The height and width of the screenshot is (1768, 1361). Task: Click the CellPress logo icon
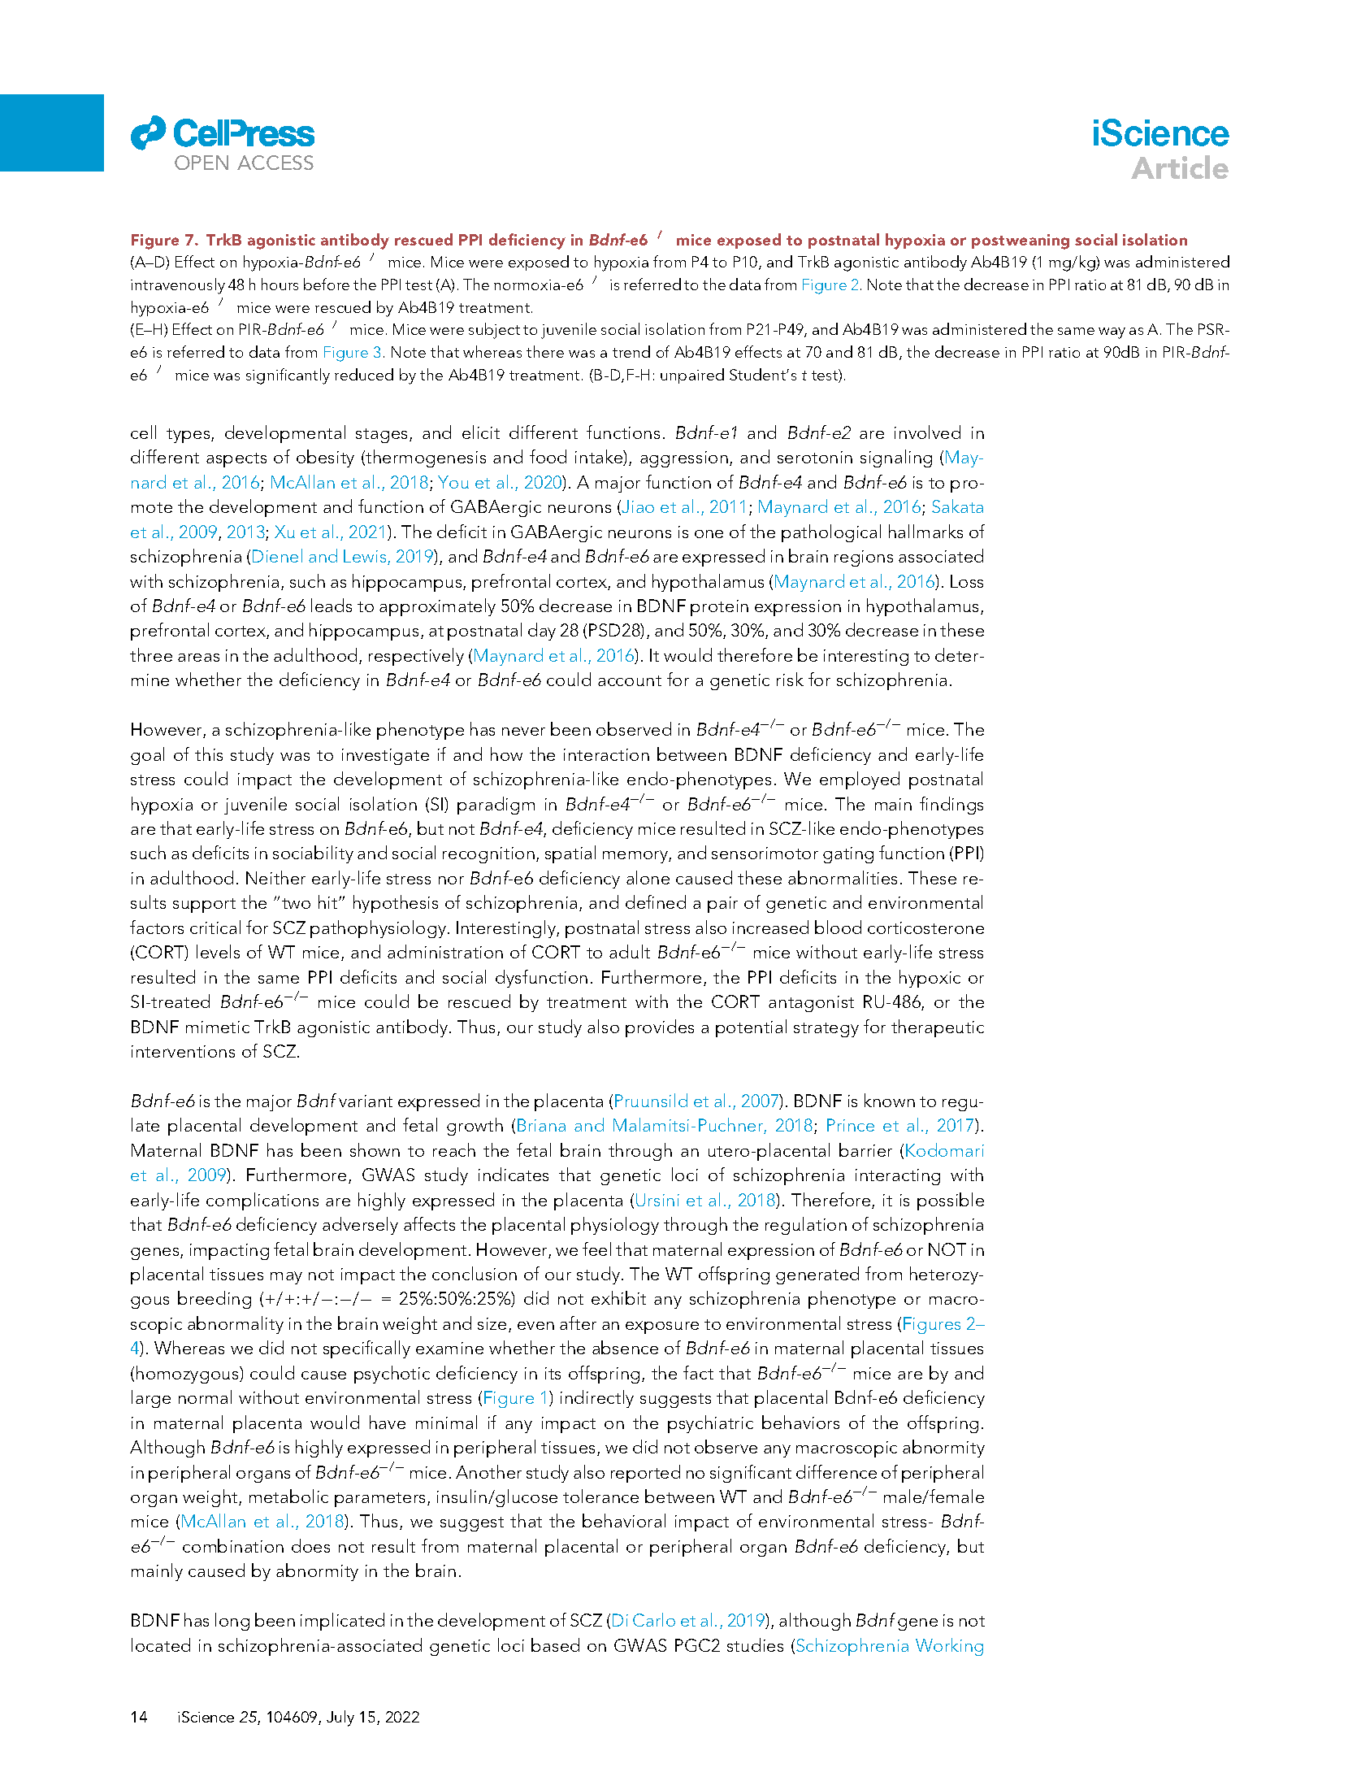[148, 133]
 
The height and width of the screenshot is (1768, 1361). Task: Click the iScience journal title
[1159, 134]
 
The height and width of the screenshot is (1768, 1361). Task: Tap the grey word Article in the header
[1180, 169]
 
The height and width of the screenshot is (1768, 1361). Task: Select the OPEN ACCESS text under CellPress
[244, 163]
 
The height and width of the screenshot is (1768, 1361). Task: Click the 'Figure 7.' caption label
[164, 240]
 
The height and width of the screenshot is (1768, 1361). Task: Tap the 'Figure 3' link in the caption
[353, 353]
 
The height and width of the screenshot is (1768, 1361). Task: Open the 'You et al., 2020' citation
[500, 483]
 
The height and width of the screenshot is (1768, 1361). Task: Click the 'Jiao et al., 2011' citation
[684, 507]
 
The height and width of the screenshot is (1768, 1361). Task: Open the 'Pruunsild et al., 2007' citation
[696, 1101]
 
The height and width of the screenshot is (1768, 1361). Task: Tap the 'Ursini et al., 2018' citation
[705, 1201]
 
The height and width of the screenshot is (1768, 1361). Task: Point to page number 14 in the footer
[139, 1717]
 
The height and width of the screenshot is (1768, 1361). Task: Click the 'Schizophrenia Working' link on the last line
[889, 1646]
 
